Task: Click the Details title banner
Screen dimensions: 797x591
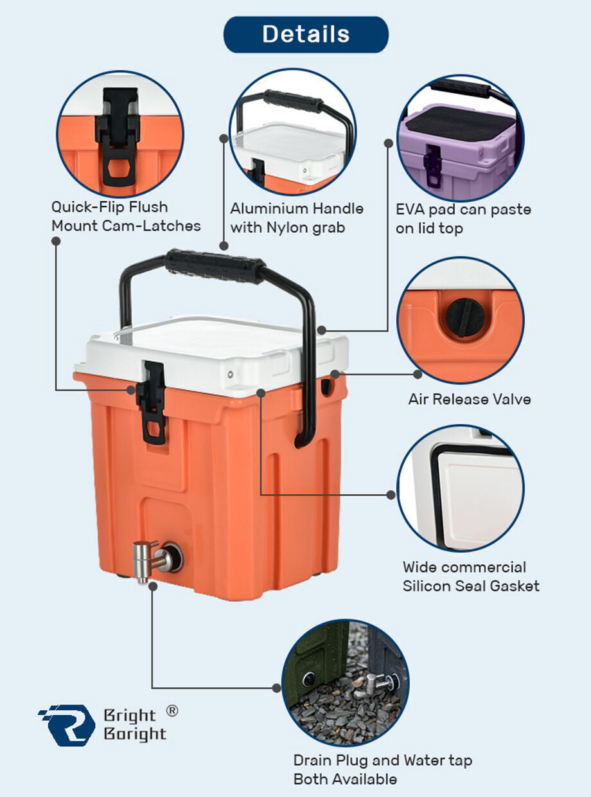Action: point(306,34)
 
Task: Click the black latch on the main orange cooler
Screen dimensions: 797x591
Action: point(152,402)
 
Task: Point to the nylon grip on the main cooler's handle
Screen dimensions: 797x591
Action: point(215,266)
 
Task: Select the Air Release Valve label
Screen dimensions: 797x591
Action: point(469,399)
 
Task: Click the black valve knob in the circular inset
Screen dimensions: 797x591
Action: point(465,317)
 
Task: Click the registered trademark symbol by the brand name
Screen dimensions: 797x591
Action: point(172,711)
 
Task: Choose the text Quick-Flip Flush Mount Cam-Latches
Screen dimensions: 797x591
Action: point(126,217)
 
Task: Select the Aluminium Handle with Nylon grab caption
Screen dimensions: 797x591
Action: point(297,218)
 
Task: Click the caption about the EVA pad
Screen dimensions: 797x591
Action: point(463,219)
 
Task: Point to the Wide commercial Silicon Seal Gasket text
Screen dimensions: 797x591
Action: point(471,577)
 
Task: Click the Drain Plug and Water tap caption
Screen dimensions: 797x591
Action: point(383,769)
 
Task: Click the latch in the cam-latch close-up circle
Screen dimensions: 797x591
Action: point(118,138)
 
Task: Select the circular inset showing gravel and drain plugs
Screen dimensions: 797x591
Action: point(345,683)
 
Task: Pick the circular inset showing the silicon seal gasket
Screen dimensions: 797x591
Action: point(461,488)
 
